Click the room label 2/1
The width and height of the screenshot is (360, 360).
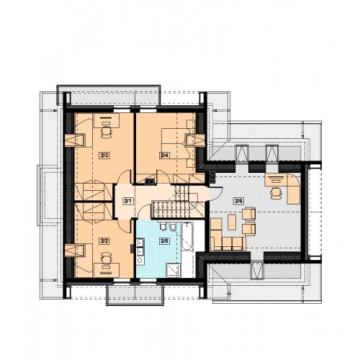click(x=128, y=200)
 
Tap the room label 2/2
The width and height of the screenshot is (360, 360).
click(x=104, y=241)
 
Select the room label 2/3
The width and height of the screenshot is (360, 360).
click(x=104, y=156)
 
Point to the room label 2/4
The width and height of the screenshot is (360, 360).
click(x=165, y=156)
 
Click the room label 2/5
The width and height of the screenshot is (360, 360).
click(x=165, y=241)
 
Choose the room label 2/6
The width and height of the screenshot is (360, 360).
click(x=238, y=201)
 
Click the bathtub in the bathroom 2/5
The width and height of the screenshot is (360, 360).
click(x=187, y=236)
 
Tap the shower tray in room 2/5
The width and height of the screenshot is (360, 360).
click(x=173, y=270)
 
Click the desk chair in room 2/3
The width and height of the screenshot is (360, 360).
click(x=107, y=132)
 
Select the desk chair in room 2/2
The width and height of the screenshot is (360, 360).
click(x=107, y=258)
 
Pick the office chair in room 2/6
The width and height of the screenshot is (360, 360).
click(x=276, y=193)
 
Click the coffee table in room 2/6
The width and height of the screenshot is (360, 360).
click(x=232, y=222)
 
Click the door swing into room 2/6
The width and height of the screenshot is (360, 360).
click(x=217, y=194)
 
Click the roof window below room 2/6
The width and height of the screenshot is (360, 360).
click(x=257, y=271)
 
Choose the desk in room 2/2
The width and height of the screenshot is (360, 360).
click(x=107, y=270)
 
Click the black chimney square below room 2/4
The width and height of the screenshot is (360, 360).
click(x=150, y=181)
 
